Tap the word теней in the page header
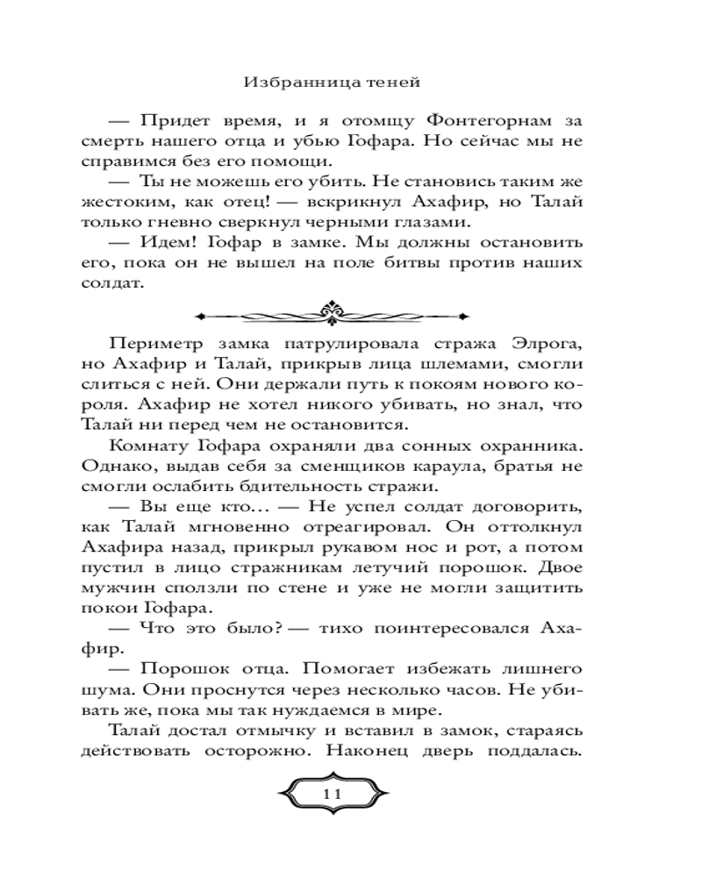point(392,83)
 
